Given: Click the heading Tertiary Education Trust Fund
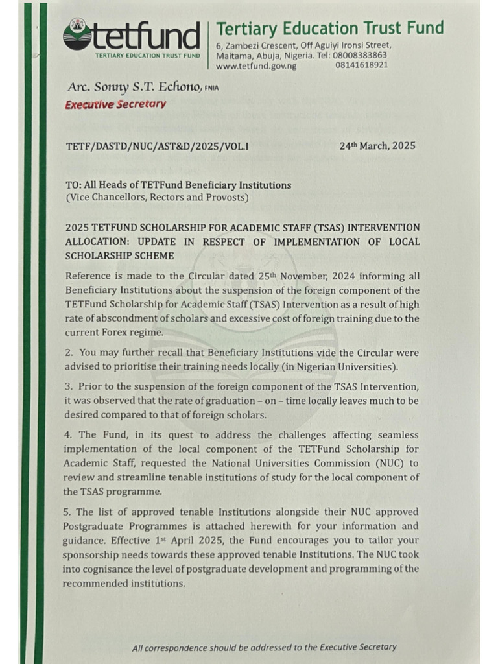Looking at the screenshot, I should click(x=329, y=28).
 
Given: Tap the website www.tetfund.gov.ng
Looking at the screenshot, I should click(x=255, y=65).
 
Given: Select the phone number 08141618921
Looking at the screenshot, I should click(x=362, y=65).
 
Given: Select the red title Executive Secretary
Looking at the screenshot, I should click(x=115, y=104).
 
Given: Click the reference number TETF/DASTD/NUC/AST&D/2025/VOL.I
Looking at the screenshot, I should click(x=157, y=147).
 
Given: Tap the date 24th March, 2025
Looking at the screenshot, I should click(x=377, y=146).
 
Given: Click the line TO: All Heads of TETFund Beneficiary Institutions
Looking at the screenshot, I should click(x=178, y=185).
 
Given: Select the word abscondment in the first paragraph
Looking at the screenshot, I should click(x=128, y=318).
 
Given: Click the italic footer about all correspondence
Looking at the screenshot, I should click(x=264, y=646).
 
